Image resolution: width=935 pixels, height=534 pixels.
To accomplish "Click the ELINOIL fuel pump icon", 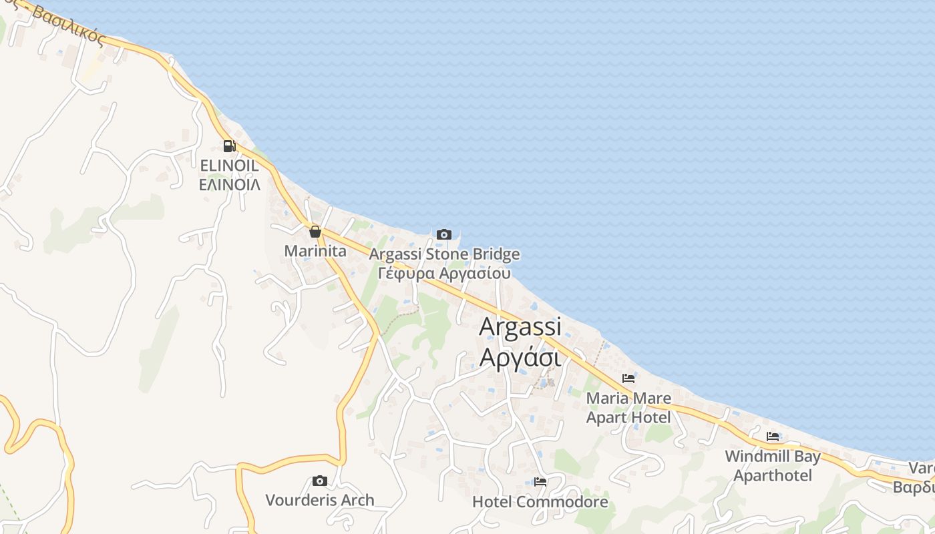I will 229,146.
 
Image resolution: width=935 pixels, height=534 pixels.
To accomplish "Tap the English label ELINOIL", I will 229,165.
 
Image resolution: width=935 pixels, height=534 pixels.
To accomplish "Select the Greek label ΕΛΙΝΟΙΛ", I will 229,184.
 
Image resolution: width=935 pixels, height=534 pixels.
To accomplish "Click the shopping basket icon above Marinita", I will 315,232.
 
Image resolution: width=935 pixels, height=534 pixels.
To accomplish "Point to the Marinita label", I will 315,251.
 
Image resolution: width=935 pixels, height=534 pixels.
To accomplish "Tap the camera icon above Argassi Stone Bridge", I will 444,234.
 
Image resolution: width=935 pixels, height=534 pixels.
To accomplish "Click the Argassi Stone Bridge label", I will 444,254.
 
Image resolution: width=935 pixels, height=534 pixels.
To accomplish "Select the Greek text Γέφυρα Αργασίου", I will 444,273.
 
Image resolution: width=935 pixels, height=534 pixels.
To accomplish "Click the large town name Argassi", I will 520,326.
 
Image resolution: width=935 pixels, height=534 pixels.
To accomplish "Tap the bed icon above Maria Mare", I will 628,378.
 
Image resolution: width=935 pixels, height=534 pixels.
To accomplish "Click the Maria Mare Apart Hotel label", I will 628,408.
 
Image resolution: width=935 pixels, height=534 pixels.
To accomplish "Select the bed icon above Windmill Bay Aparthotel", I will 773,437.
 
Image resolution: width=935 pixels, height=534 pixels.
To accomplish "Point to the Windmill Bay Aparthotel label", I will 773,466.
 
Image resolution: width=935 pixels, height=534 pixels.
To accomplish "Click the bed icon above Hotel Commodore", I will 540,481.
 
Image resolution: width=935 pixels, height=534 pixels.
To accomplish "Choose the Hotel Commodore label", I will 540,501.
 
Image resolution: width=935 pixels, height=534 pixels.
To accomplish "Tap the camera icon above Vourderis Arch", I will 320,481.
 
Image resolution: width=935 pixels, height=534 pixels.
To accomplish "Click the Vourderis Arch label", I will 320,500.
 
